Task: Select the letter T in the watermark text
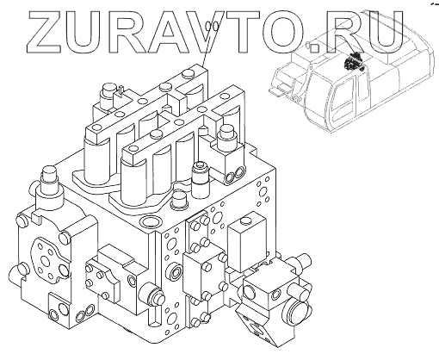pyautogui.click(x=242, y=32)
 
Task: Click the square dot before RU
pyautogui.click(x=314, y=48)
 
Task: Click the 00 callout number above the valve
pyautogui.click(x=213, y=27)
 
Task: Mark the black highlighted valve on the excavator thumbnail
pyautogui.click(x=354, y=62)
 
